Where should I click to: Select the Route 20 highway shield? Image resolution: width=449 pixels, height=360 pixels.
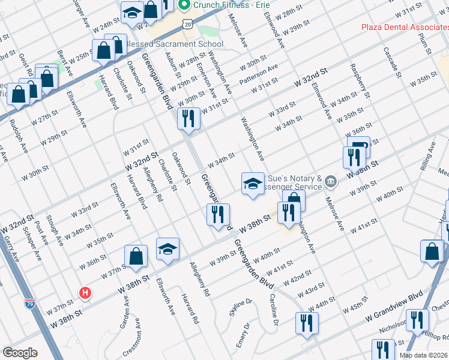[x=188, y=24]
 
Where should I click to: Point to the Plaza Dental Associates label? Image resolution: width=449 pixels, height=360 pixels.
[x=405, y=27]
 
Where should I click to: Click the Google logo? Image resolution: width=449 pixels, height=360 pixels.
[x=20, y=352]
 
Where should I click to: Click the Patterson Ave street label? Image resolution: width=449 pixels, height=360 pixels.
[x=259, y=74]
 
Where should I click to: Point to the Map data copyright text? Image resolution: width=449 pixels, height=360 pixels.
[x=423, y=355]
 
